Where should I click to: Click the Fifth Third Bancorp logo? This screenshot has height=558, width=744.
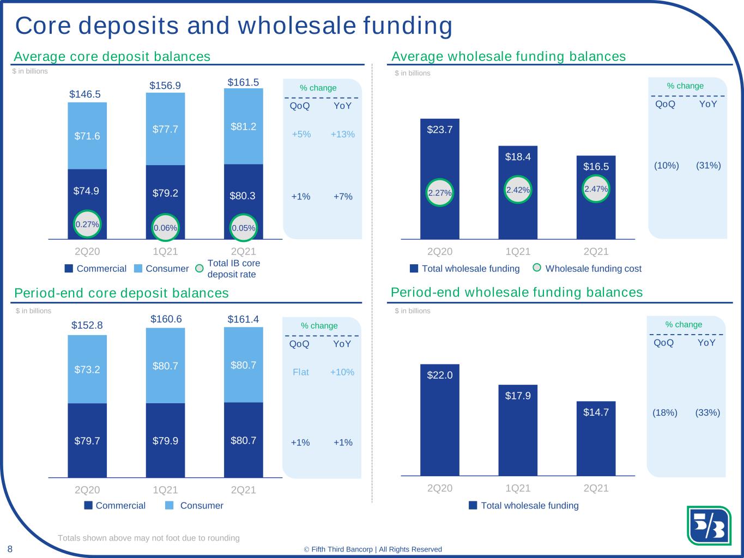(x=709, y=525)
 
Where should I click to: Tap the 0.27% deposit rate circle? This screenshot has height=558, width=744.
(x=87, y=224)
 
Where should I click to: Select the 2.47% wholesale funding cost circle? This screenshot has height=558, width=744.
(x=596, y=189)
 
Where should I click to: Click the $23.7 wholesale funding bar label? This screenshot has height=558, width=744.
(x=440, y=130)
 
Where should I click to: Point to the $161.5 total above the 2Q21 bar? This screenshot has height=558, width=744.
(x=243, y=82)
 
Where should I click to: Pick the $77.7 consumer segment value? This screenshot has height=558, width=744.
(x=165, y=129)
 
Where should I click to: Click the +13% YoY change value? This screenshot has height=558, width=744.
(x=343, y=134)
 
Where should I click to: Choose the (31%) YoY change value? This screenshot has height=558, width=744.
(x=709, y=165)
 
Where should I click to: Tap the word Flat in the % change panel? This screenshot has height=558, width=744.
(x=301, y=372)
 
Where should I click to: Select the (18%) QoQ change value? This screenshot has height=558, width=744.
(x=665, y=413)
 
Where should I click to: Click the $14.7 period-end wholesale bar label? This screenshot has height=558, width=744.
(x=596, y=413)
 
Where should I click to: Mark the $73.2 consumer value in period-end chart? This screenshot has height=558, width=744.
(x=87, y=369)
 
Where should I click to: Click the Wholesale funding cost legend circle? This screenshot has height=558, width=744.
(x=537, y=268)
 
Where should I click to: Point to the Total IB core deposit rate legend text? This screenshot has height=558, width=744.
(x=234, y=269)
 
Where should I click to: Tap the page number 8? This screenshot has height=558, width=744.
(x=10, y=548)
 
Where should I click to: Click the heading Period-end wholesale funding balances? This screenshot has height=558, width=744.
(x=517, y=293)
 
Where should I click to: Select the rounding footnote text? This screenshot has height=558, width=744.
(x=149, y=538)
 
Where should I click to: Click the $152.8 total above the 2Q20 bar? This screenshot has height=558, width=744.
(x=87, y=325)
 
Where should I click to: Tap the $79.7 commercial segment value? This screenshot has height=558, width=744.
(x=87, y=441)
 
